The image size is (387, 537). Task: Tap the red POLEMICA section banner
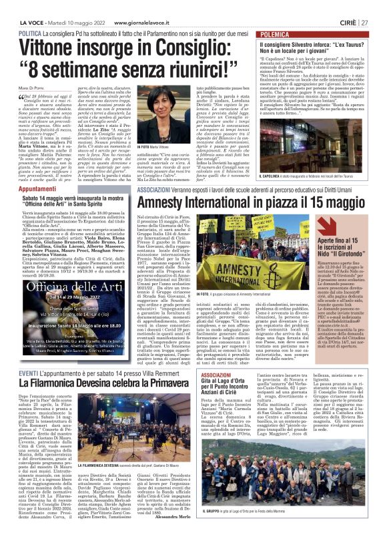(x=296, y=32)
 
